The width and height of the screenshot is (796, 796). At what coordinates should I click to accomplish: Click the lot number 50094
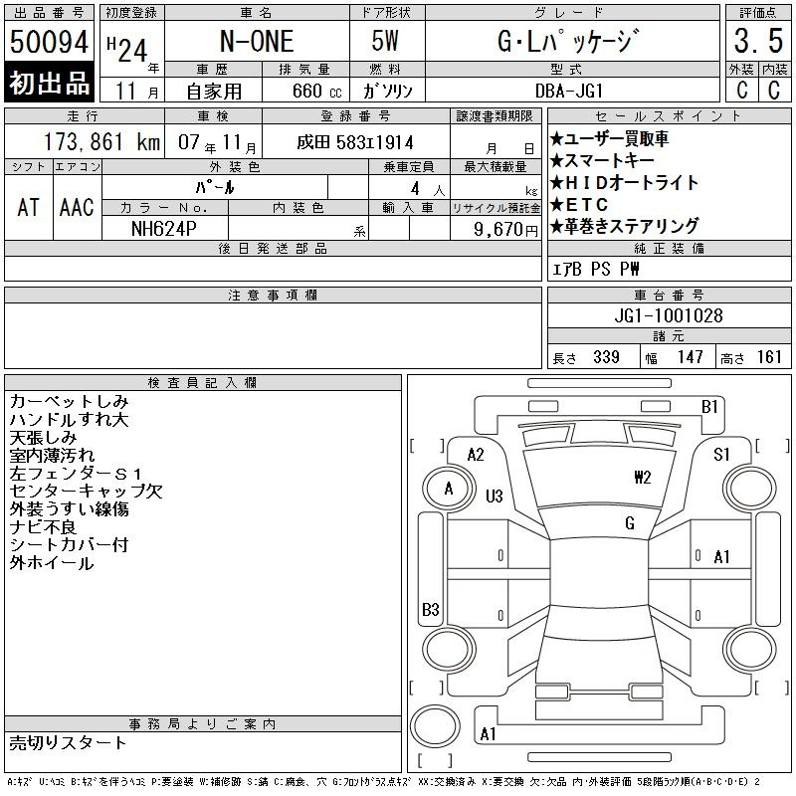coord(49,41)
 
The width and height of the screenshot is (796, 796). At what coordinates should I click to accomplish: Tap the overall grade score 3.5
coord(758,41)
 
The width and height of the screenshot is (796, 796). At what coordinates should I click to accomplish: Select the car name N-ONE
coord(257,41)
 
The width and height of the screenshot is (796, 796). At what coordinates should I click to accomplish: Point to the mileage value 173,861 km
coord(102,141)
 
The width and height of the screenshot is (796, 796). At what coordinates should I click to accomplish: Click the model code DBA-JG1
coord(569,91)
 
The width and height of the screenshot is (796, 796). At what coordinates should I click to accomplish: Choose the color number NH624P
coord(163,229)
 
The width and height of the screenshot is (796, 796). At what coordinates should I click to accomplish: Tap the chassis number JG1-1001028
coord(669,315)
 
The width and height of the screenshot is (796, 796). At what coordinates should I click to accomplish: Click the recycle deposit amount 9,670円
coord(505,230)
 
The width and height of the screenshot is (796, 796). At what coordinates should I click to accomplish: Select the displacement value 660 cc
coord(316,91)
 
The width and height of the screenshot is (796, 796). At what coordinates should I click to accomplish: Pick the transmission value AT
coord(29,207)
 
